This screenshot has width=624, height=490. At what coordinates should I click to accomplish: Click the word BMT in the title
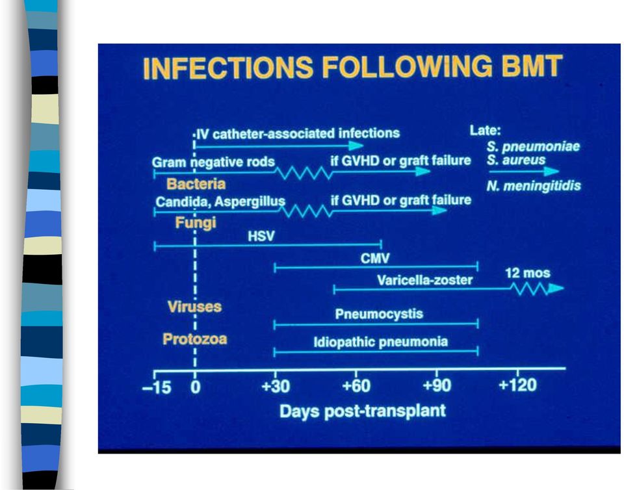click(532, 66)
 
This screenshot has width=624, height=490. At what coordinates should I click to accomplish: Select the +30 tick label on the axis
click(276, 386)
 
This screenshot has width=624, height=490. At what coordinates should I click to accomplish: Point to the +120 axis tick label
click(517, 385)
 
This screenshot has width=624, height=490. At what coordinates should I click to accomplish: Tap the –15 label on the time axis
click(157, 387)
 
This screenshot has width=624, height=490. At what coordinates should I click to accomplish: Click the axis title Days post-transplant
click(363, 411)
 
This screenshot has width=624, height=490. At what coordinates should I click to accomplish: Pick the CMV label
click(375, 259)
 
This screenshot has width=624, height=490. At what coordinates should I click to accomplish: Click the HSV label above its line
click(261, 237)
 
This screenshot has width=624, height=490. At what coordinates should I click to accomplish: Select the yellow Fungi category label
click(196, 222)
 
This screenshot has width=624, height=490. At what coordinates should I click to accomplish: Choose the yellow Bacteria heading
click(196, 184)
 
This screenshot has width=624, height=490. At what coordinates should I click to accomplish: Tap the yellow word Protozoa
click(194, 339)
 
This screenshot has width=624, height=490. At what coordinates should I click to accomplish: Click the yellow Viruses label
click(194, 307)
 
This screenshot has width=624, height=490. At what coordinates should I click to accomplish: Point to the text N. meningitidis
click(534, 186)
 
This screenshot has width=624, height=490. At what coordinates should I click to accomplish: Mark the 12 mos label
click(528, 273)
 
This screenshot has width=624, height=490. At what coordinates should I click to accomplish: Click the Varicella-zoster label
click(424, 280)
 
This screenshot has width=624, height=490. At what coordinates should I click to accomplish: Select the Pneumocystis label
click(379, 314)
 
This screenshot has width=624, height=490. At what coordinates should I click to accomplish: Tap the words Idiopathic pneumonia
click(380, 342)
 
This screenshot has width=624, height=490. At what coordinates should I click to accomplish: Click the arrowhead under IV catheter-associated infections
click(356, 146)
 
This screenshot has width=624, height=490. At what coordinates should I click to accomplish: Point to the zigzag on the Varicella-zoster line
click(529, 289)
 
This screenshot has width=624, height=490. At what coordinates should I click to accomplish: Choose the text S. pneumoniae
click(533, 147)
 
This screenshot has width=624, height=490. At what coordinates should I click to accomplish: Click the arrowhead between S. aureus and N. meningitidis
click(551, 172)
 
